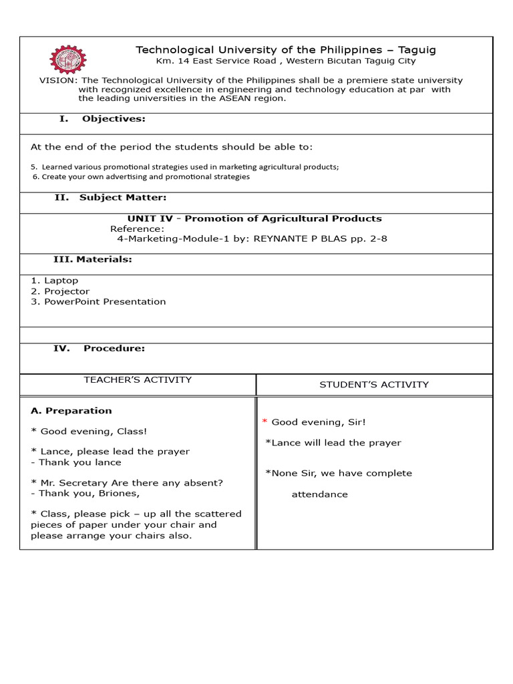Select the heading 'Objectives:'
[114, 119]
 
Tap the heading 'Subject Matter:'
[123, 198]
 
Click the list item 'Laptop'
[61, 281]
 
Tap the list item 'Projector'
[66, 291]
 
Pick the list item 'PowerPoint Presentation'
[105, 302]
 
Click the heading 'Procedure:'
[114, 348]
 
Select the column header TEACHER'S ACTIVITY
[138, 380]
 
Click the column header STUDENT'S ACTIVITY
[374, 385]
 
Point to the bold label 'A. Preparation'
[71, 411]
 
